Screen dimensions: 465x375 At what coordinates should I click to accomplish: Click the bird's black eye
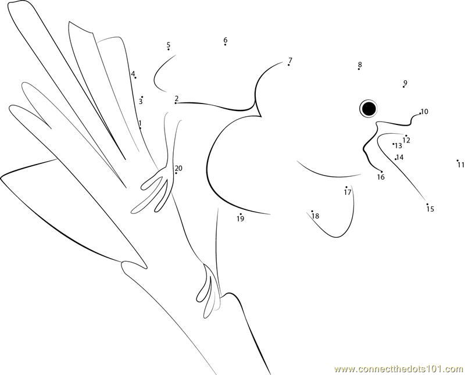coord(369,108)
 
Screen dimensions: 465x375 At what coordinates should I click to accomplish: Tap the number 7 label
coord(290,60)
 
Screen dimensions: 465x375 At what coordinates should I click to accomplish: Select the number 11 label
coord(460,165)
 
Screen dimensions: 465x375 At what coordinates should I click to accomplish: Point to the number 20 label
coord(178,168)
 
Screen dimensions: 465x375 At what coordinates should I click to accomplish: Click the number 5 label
coord(169,45)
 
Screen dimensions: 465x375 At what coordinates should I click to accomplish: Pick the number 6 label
coord(226,40)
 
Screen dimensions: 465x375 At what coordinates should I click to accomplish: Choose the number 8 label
coord(360,65)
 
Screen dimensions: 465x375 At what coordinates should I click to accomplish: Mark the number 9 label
coord(405,83)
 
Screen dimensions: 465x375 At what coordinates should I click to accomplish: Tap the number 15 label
coord(430,209)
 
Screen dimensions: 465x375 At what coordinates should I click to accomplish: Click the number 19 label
coord(241,219)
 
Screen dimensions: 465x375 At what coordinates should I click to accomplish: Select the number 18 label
coord(316,216)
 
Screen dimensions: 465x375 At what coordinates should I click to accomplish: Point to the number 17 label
coord(348,192)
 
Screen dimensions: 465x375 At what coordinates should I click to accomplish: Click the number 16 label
coord(381,177)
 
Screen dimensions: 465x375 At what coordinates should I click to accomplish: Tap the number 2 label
coord(177,98)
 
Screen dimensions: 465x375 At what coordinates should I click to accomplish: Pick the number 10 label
coord(425,112)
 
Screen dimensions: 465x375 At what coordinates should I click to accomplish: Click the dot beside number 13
coord(394,144)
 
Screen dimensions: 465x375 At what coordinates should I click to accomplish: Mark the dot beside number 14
coord(396,159)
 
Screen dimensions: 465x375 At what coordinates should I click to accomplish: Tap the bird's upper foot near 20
coord(156,190)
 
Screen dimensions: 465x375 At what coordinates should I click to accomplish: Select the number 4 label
coord(133,74)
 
